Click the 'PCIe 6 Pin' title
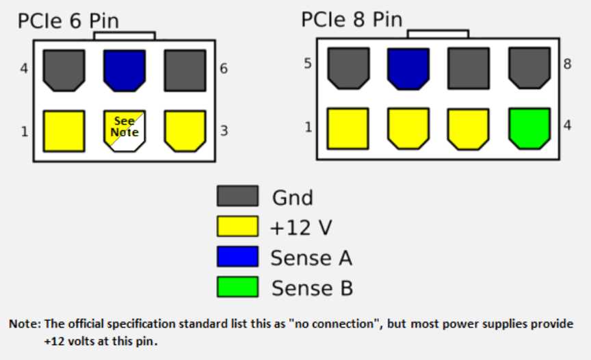coord(68,21)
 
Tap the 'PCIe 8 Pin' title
coord(352,19)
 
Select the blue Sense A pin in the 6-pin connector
coord(124,70)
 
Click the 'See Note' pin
coord(124,131)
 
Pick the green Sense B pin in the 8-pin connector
coord(529,128)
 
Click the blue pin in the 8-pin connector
coord(407,68)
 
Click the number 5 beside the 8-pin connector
coord(308,65)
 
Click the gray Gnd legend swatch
coord(237,196)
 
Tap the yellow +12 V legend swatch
coord(237,227)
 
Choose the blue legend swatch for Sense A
coord(237,257)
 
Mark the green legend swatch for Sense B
coord(237,287)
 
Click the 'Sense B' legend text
coord(312,288)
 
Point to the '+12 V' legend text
coord(301,228)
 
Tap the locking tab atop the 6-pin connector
coord(124,36)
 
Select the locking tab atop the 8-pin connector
coord(438,34)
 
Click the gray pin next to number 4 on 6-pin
coord(64,70)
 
